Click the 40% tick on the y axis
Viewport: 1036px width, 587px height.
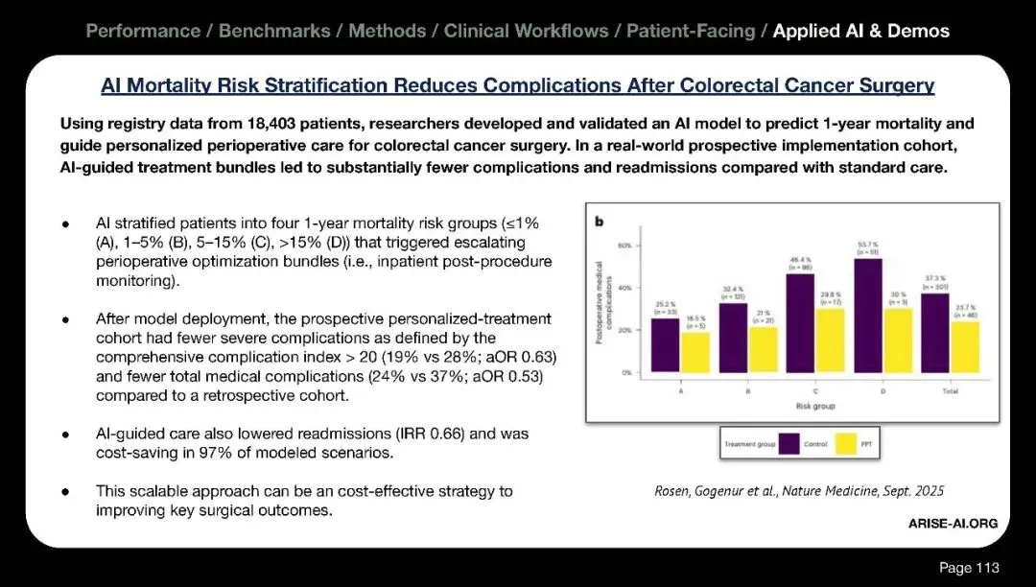tap(624, 288)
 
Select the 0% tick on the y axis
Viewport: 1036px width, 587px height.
tap(624, 372)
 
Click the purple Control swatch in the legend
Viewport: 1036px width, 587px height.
tap(790, 443)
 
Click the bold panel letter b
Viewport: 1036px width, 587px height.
tap(600, 222)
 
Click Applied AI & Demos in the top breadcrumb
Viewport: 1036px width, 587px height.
tap(860, 31)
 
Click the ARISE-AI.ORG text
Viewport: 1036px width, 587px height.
tap(953, 523)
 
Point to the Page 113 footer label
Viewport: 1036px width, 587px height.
tap(968, 568)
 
